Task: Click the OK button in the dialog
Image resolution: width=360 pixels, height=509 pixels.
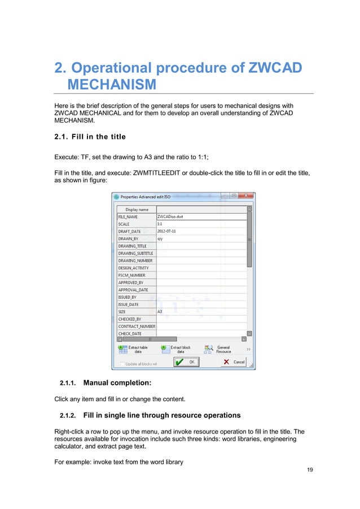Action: point(187,362)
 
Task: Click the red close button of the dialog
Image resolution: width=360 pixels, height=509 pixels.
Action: point(249,196)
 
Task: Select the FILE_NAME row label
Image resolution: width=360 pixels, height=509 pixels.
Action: point(128,216)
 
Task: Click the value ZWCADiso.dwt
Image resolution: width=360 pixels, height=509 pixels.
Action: point(169,216)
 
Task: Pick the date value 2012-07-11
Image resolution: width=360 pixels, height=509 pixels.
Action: point(168,231)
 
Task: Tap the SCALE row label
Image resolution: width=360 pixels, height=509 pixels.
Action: point(124,223)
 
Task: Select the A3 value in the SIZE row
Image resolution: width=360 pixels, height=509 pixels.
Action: point(160,311)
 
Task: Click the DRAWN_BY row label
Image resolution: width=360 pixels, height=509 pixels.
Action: point(128,238)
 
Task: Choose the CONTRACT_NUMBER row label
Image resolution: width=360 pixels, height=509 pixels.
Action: point(136,326)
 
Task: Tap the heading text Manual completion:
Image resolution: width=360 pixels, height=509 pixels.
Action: point(117,384)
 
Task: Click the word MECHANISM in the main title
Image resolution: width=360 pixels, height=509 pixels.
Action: point(111,85)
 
